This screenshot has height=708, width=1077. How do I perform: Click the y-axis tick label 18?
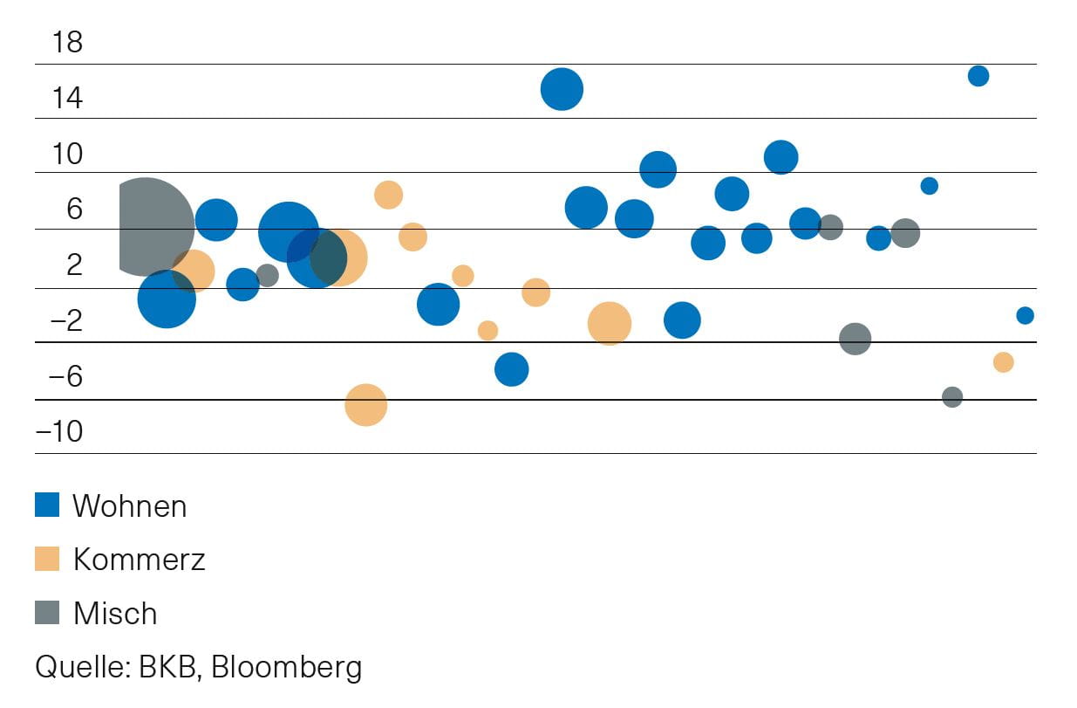click(67, 42)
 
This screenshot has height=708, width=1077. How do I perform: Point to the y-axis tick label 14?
click(67, 98)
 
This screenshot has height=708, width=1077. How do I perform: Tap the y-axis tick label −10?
click(59, 432)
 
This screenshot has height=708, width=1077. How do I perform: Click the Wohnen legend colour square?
click(47, 505)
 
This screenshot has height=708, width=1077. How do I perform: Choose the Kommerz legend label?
click(139, 560)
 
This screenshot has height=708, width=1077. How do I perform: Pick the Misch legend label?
click(115, 614)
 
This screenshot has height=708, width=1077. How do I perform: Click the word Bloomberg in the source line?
click(286, 667)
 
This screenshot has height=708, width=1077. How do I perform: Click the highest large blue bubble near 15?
click(562, 89)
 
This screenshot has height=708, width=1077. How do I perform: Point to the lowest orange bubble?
click(365, 405)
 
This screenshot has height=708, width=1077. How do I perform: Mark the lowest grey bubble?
click(952, 397)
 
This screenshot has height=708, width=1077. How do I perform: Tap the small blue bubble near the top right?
click(978, 76)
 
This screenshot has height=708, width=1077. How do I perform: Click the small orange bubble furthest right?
click(1003, 362)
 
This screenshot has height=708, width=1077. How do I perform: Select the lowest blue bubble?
click(512, 369)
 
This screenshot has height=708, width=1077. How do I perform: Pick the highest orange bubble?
click(388, 195)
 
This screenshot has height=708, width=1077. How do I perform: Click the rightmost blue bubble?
click(1025, 315)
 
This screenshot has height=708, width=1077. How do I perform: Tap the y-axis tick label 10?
click(67, 155)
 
